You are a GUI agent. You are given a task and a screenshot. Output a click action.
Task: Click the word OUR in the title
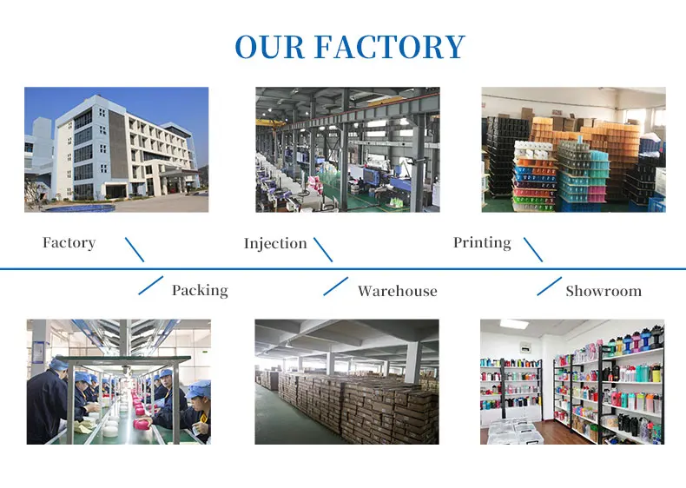tap(269, 47)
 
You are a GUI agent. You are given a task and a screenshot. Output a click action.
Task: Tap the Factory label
tap(69, 243)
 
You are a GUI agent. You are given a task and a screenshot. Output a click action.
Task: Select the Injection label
tap(275, 244)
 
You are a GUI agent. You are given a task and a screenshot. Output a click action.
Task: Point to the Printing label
tap(482, 243)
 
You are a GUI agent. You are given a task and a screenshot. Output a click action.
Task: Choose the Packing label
tap(200, 290)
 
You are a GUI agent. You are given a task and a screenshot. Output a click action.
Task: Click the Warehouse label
tap(398, 291)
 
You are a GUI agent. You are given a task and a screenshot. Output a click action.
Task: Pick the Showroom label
tap(604, 291)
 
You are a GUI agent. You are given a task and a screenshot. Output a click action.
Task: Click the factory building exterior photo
tap(116, 149)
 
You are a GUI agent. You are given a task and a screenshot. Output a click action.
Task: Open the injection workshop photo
tap(347, 149)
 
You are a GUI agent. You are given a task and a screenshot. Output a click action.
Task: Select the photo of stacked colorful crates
tap(573, 149)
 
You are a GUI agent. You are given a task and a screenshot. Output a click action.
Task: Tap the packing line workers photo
tap(118, 382)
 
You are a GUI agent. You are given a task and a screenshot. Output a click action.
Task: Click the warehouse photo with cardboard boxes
tap(346, 382)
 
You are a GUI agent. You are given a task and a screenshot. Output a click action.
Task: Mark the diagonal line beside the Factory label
tap(135, 249)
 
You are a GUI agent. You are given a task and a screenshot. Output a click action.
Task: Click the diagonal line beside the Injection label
tap(323, 249)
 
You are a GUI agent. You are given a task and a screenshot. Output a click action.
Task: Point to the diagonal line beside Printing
tap(533, 249)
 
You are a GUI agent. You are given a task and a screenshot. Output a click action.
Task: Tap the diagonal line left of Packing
tap(151, 286)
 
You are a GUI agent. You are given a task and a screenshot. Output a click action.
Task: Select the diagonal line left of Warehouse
tap(335, 286)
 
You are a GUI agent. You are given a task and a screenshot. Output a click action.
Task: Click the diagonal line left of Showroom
tap(549, 286)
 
